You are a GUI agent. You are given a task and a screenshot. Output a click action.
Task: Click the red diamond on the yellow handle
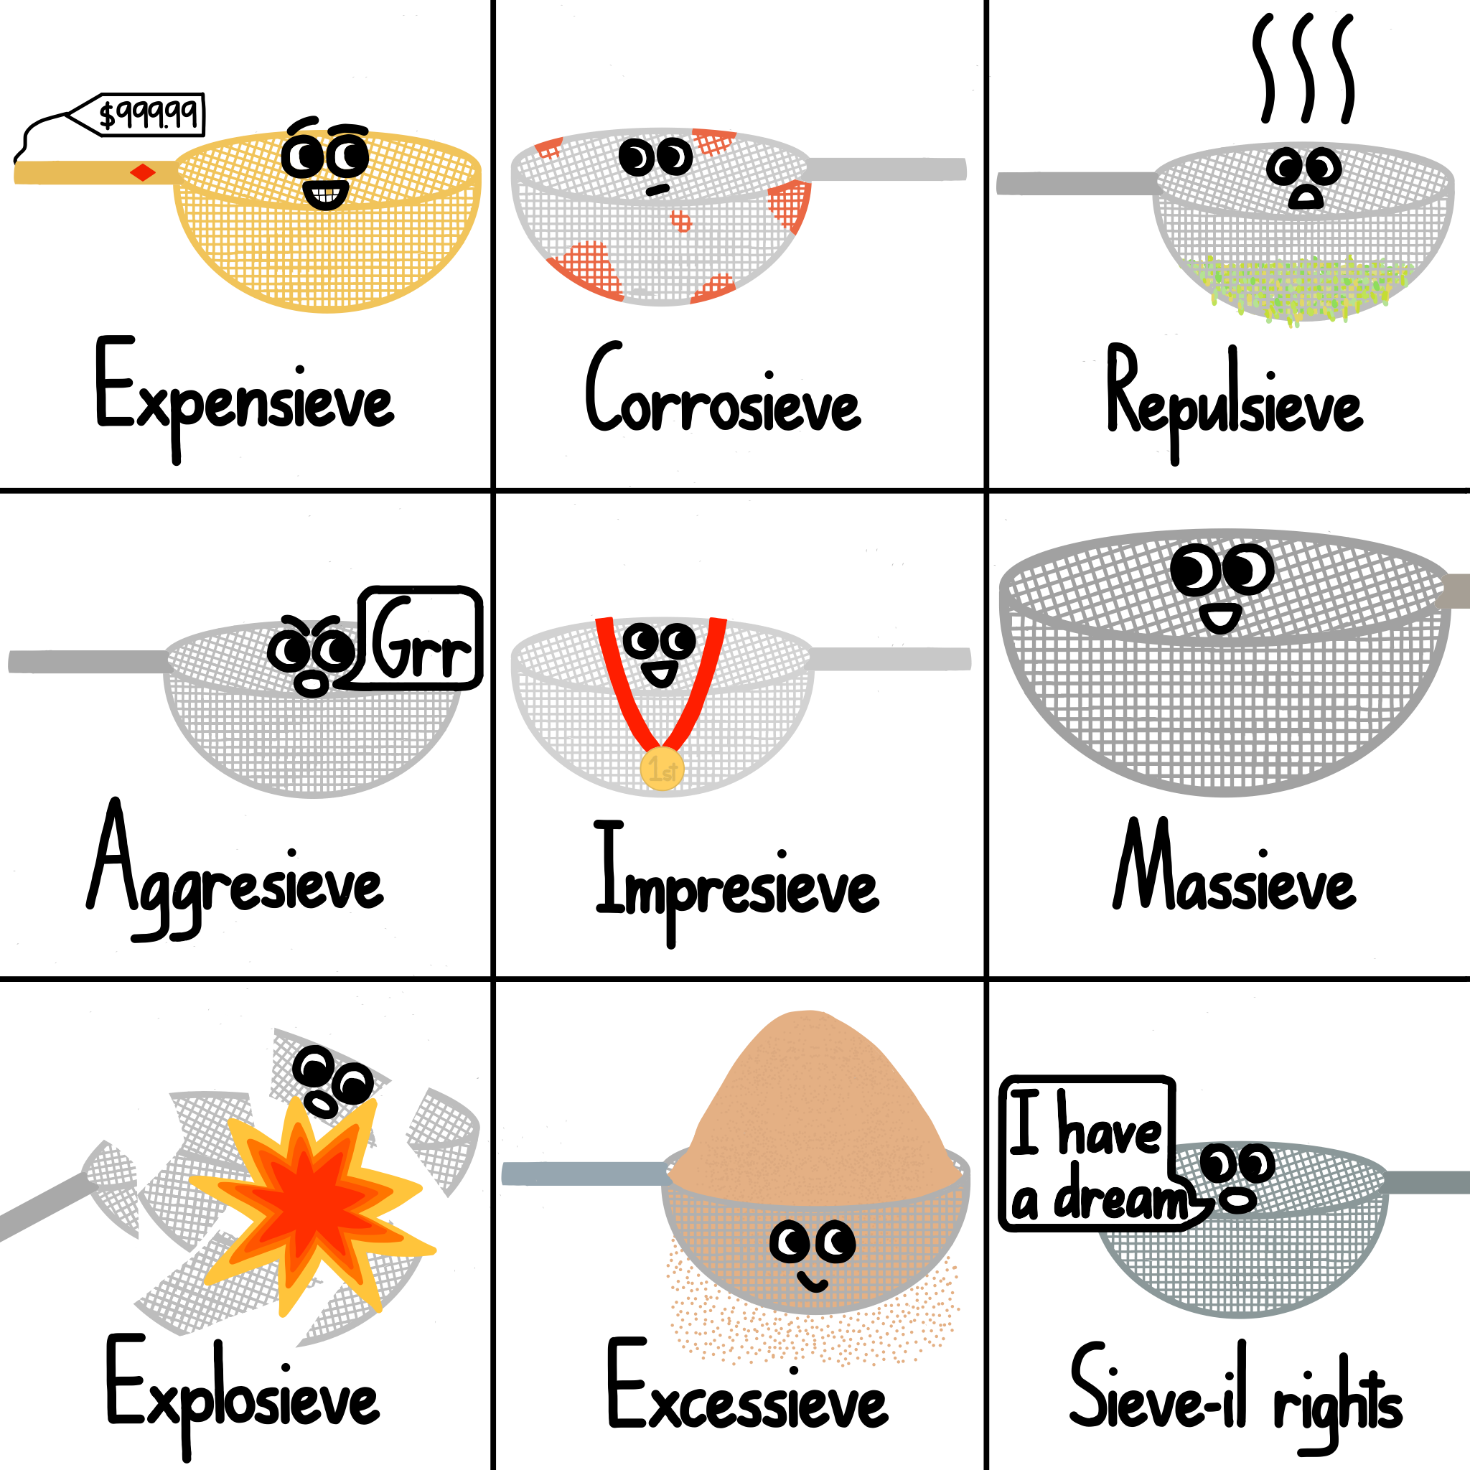[x=142, y=173]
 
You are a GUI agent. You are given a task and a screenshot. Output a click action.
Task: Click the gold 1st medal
[x=662, y=769]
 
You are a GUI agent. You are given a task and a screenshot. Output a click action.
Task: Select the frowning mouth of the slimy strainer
[x=1306, y=200]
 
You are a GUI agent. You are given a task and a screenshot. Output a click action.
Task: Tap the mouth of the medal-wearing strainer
[x=659, y=673]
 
